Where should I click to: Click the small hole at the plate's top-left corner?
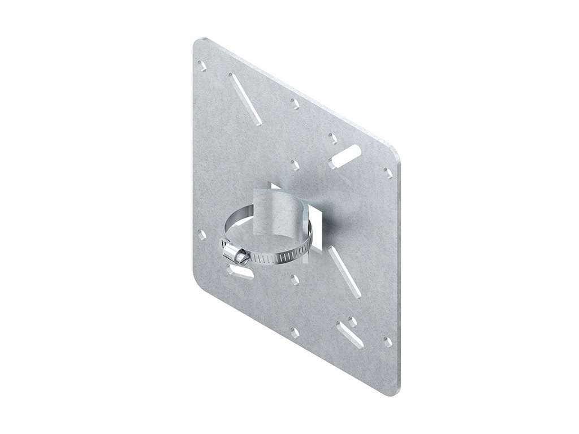coord(202,66)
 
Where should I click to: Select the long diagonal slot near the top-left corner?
coord(245,99)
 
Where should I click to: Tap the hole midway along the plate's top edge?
coord(295,103)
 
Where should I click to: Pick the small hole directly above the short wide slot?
coord(333,138)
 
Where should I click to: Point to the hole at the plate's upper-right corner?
coord(388,173)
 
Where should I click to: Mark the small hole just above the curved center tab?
coord(295,165)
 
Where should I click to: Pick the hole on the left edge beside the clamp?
coord(202,234)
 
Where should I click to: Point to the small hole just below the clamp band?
coord(295,279)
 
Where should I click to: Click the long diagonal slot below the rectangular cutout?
coord(345,272)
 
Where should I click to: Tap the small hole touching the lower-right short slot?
coord(352,322)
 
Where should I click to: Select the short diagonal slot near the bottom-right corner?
coord(349,335)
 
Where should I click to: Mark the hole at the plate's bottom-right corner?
coord(388,341)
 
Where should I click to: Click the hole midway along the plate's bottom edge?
coord(295,332)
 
